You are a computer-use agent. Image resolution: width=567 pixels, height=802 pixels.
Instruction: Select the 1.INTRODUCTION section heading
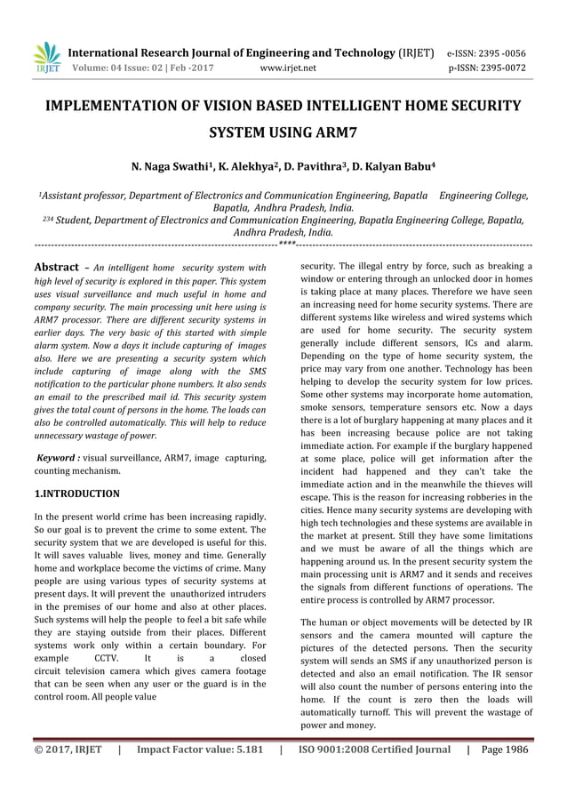pos(76,492)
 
